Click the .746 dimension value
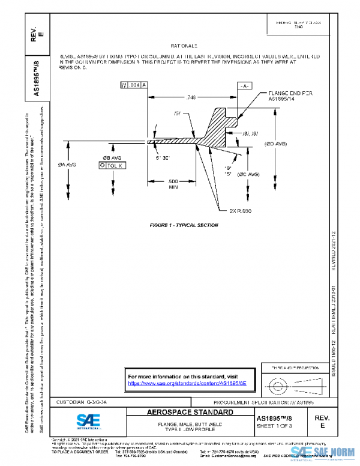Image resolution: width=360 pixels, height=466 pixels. click(191, 97)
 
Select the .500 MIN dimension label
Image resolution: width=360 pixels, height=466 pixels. click(173, 184)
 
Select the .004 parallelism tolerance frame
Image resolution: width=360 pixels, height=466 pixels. click(134, 86)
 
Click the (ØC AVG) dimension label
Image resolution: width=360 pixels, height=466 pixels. click(247, 174)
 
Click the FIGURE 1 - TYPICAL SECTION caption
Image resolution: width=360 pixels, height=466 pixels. click(184, 225)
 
